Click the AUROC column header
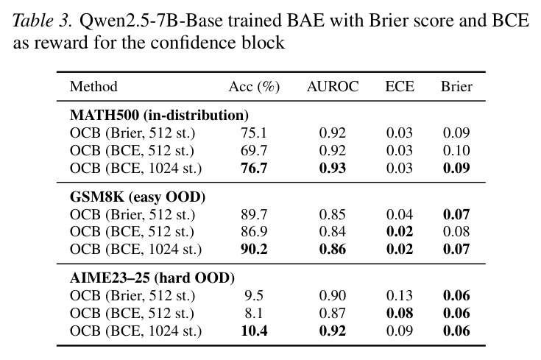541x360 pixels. click(333, 86)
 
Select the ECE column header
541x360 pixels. click(400, 86)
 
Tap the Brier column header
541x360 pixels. click(456, 86)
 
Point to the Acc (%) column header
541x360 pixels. click(254, 87)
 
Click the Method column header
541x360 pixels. click(93, 86)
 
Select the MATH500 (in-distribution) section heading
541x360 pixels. click(159, 115)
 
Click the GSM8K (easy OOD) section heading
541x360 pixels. click(138, 197)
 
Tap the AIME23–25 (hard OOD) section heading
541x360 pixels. click(152, 278)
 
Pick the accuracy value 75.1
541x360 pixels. click(254, 133)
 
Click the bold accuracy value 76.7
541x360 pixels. click(254, 168)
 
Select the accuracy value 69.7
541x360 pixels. click(254, 150)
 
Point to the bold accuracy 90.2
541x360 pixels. click(254, 250)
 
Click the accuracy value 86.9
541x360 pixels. click(254, 232)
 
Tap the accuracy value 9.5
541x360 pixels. click(254, 296)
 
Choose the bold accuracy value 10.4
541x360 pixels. click(254, 331)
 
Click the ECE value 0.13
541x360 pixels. click(400, 296)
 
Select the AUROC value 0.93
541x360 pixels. click(333, 168)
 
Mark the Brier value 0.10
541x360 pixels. click(456, 150)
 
